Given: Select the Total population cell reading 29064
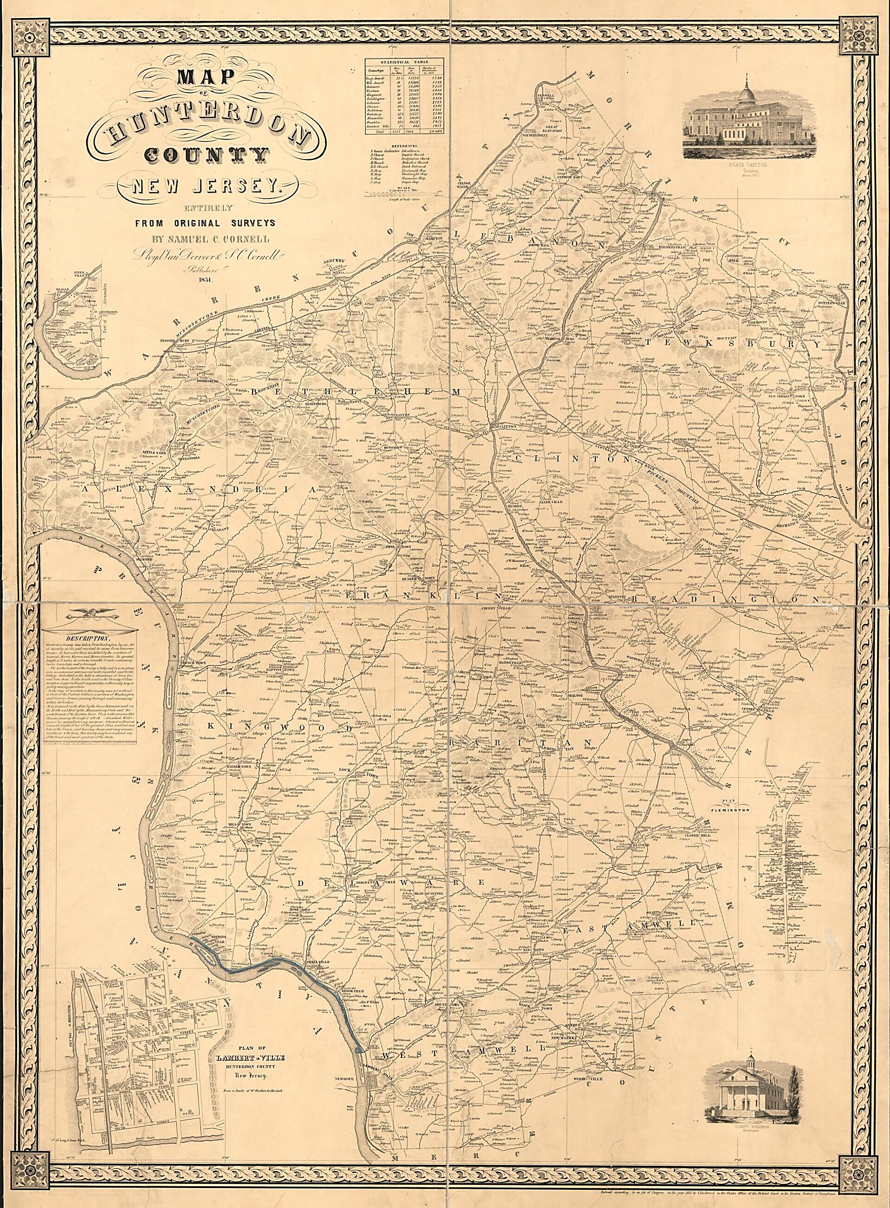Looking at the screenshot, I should coord(432,131).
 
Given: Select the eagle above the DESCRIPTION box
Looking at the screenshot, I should coord(90,613).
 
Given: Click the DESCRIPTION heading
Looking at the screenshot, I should coord(90,635).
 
